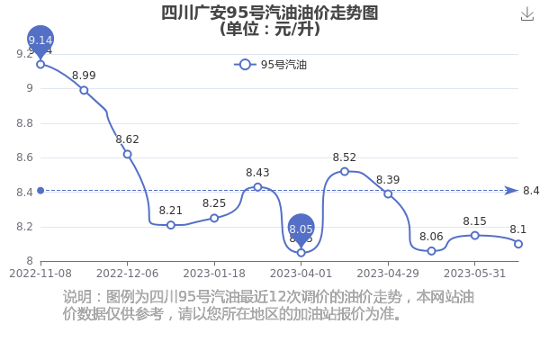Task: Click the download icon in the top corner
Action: pos(526,14)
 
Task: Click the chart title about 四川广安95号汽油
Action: pos(270,21)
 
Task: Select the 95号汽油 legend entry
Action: pos(270,65)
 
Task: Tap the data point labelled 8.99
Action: pos(84,90)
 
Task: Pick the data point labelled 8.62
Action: pos(127,154)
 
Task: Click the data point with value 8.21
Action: pos(170,225)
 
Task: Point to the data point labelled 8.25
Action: pos(214,218)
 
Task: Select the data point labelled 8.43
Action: pos(257,187)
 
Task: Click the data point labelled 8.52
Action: pos(345,172)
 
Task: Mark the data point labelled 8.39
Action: pos(388,194)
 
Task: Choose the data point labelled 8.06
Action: pos(431,251)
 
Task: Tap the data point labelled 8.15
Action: pos(474,236)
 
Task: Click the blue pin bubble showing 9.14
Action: pos(40,40)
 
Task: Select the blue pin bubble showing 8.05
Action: pos(301,229)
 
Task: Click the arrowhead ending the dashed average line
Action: pos(511,191)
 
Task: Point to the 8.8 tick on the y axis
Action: pos(25,123)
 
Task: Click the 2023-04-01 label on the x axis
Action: pos(301,274)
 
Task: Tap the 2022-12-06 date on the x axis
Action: pos(127,274)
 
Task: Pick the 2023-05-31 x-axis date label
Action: pos(474,274)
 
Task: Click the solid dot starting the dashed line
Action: pos(40,191)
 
